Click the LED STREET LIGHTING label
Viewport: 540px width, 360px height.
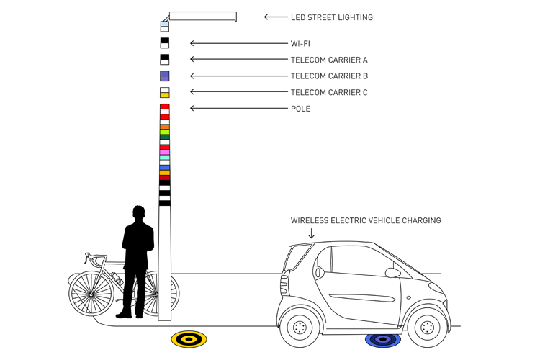331,17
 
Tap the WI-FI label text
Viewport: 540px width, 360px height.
300,44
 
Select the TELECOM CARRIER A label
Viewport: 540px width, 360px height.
329,60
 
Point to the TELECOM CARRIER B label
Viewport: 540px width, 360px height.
329,76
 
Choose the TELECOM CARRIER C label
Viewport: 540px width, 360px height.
329,92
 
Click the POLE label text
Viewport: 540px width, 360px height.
300,109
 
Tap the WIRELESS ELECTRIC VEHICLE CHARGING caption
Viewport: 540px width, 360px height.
366,220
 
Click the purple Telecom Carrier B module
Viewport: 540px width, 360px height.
165,76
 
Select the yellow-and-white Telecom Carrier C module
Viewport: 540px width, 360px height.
165,92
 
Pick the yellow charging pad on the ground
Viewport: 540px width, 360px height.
189,338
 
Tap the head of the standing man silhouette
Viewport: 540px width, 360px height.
140,214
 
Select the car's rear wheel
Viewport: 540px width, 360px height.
300,328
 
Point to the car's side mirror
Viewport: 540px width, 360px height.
392,273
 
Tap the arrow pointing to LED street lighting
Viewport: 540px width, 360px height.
275,17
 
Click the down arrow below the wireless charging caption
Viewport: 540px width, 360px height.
312,233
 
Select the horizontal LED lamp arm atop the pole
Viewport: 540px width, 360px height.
203,16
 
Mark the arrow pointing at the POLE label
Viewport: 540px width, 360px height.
238,109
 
